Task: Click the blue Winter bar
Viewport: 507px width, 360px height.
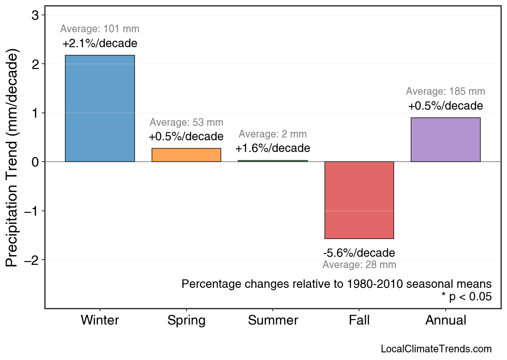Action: [100, 108]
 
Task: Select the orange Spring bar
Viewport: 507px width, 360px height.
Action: [186, 155]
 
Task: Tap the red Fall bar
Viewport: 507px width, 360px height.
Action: [359, 200]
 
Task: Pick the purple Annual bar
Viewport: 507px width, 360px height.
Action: [445, 139]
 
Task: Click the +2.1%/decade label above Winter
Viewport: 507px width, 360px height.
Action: [100, 44]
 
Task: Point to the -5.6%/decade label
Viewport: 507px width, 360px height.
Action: [359, 253]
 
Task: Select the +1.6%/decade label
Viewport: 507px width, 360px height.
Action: [273, 148]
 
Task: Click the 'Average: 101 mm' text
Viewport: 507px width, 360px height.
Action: [100, 29]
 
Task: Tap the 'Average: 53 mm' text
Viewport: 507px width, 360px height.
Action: [186, 122]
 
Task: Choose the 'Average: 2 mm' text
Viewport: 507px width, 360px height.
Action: [273, 134]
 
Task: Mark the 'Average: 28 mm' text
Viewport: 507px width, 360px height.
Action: [359, 265]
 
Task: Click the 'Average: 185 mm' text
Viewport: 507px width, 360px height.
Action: [445, 92]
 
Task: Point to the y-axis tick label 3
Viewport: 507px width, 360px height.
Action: [35, 15]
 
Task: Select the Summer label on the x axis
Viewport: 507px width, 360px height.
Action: [273, 320]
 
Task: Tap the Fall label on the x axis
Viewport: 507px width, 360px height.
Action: [359, 320]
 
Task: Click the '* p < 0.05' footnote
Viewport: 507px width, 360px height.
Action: [466, 297]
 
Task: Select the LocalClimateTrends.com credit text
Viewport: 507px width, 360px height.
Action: [436, 349]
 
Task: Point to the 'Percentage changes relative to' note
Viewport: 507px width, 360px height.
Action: [337, 284]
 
